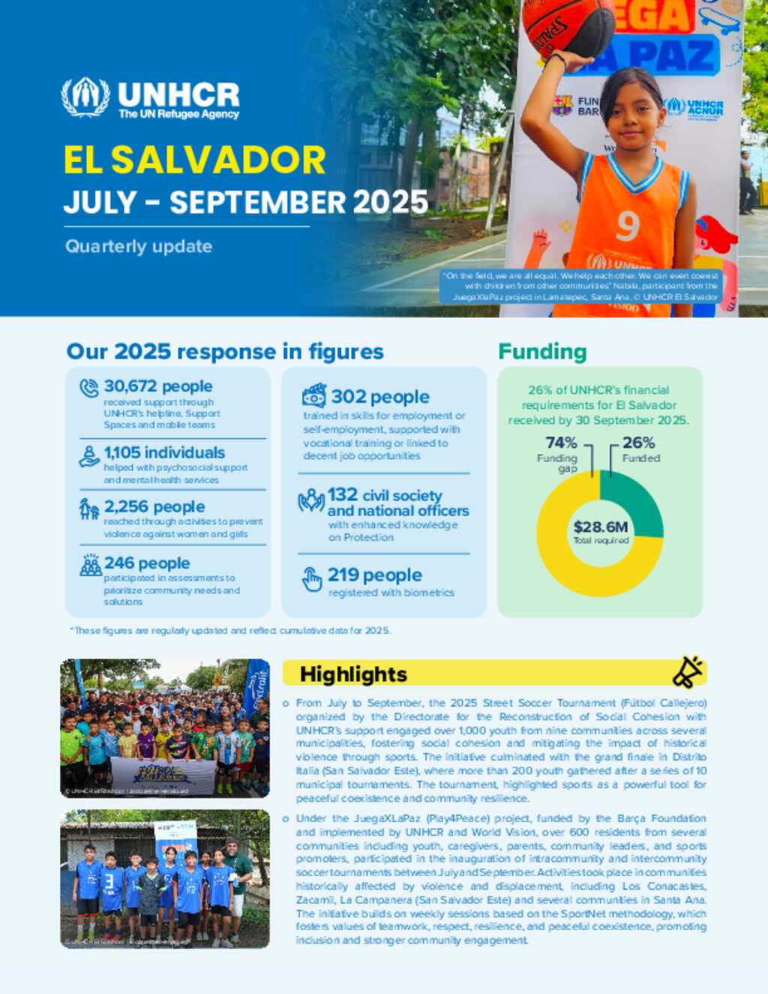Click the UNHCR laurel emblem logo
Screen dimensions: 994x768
point(85,98)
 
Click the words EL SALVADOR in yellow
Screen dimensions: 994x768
point(194,160)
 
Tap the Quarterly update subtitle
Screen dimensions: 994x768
point(139,246)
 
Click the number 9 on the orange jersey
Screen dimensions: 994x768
point(627,225)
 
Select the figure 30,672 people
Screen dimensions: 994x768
point(158,386)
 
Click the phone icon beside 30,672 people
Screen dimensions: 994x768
point(89,388)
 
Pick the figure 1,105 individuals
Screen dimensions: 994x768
point(164,452)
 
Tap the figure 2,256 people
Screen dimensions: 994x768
point(154,507)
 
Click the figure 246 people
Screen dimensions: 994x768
point(147,563)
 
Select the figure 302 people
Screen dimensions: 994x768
point(380,397)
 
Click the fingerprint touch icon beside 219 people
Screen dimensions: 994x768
point(312,579)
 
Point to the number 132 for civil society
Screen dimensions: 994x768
point(343,495)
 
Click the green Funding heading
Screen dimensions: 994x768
point(542,352)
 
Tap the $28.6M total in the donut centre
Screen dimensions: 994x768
point(600,527)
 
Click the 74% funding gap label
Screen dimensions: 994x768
point(561,443)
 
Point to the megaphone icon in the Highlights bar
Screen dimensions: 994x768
point(687,672)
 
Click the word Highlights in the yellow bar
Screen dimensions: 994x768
point(353,674)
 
